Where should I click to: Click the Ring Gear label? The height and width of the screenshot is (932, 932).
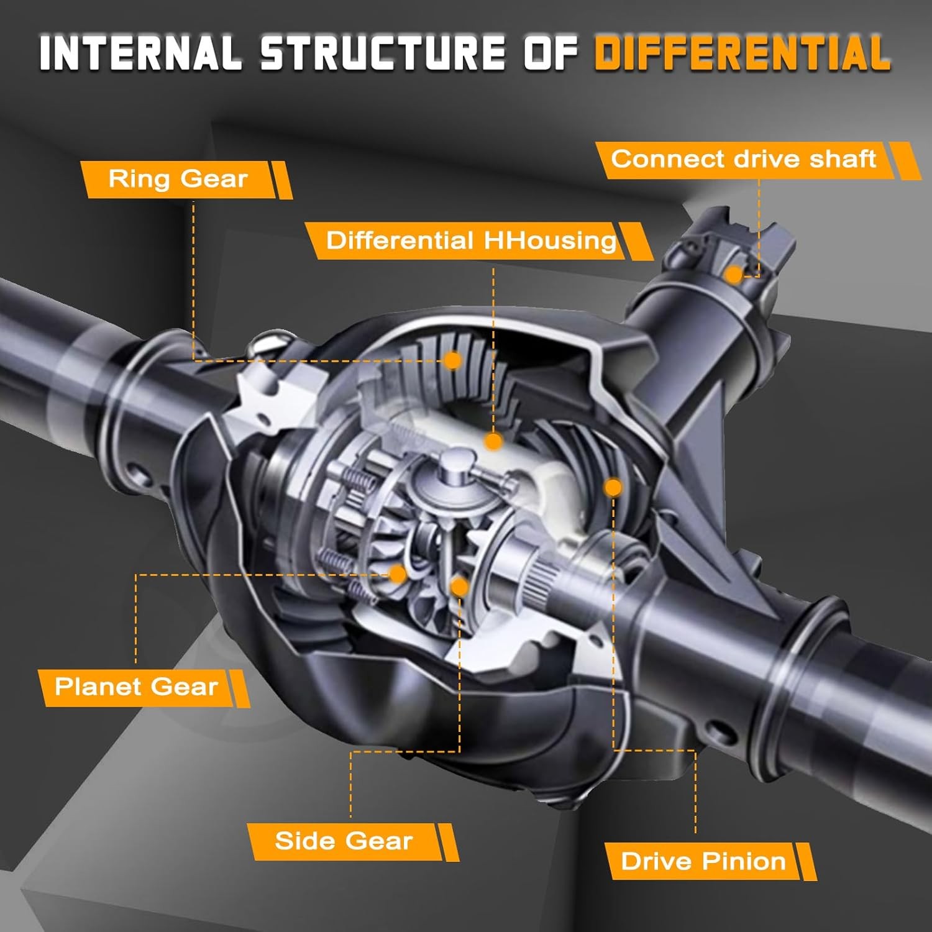[178, 179]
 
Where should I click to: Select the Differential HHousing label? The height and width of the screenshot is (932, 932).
[471, 240]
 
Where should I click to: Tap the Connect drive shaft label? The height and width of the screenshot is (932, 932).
[743, 159]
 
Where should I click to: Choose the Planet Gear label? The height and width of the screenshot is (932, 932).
[136, 687]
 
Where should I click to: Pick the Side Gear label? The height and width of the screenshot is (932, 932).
[344, 841]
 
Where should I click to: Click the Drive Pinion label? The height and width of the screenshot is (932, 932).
[703, 861]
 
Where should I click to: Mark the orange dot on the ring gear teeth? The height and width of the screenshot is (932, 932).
[454, 360]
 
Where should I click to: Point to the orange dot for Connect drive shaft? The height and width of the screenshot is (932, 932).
[734, 274]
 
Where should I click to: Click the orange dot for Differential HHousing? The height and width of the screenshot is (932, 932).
[493, 442]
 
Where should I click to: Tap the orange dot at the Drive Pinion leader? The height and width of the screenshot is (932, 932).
[613, 487]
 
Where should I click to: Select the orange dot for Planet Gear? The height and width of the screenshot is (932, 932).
[398, 573]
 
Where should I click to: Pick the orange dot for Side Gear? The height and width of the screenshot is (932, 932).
[459, 586]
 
